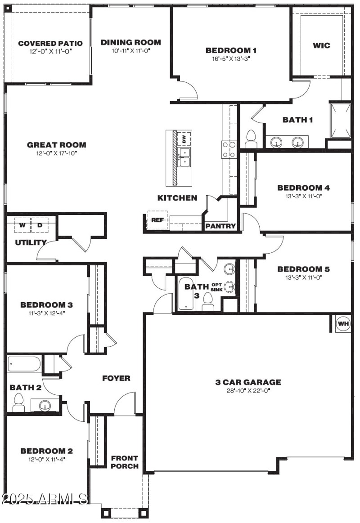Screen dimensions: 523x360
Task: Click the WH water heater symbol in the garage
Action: pos(343,323)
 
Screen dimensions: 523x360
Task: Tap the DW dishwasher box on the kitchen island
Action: pos(183,139)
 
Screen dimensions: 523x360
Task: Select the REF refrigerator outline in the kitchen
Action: pos(157,220)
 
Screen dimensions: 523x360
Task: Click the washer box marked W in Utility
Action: pos(22,225)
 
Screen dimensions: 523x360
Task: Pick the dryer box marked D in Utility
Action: pos(40,225)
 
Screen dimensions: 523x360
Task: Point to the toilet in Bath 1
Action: pos(251,139)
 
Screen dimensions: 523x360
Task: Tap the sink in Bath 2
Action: pos(45,406)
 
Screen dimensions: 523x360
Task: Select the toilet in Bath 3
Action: pos(208,301)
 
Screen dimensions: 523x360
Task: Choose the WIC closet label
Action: pos(321,45)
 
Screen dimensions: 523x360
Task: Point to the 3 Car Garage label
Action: pos(248,382)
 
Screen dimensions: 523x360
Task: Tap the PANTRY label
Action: pos(220,226)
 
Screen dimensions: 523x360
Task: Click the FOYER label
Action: pos(116,378)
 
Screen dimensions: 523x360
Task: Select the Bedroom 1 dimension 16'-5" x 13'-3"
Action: pos(231,58)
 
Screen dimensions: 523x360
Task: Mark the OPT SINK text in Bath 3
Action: pos(229,286)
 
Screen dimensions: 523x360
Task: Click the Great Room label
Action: pos(57,145)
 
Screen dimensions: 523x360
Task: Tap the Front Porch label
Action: pos(125,462)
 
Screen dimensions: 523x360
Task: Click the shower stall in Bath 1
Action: pos(340,120)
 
